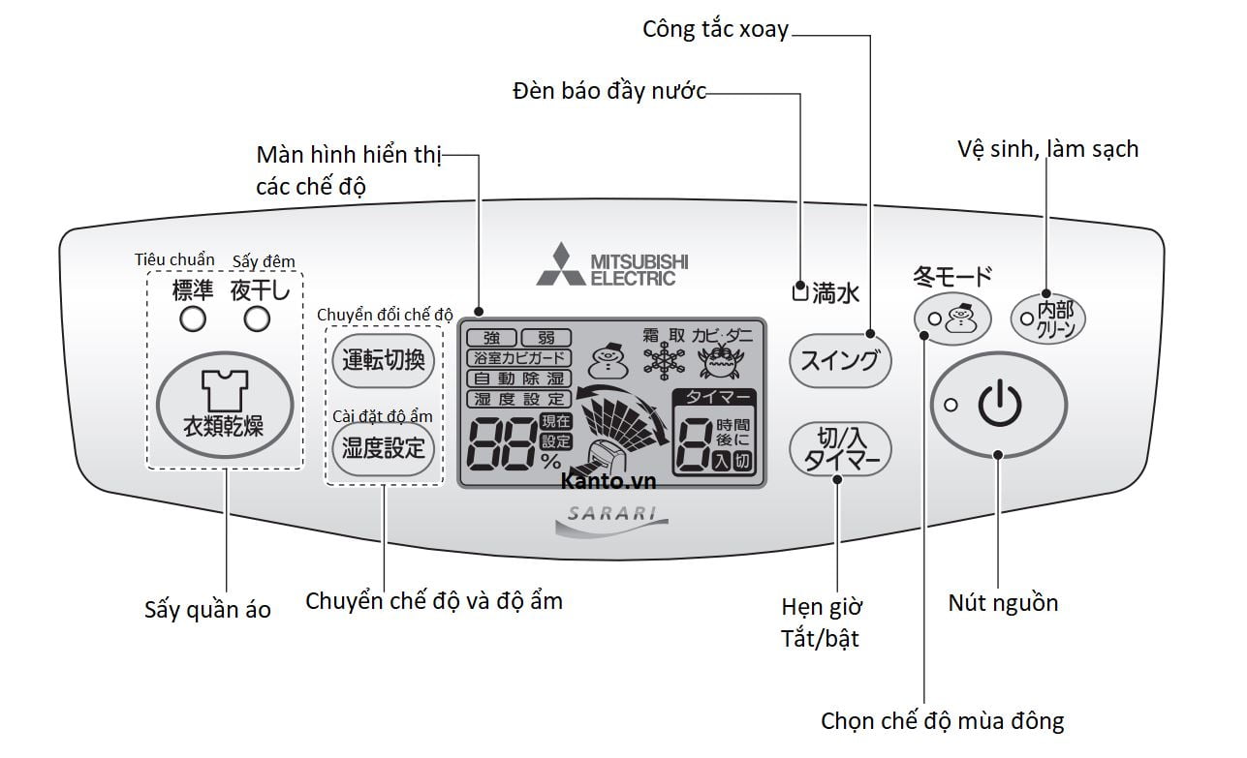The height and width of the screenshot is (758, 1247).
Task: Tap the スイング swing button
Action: pyautogui.click(x=840, y=361)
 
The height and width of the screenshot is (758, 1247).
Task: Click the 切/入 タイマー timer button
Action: pyautogui.click(x=840, y=450)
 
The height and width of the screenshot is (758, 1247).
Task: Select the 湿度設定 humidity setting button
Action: pyautogui.click(x=384, y=448)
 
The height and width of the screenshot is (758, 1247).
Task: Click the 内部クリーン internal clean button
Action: pyautogui.click(x=1048, y=318)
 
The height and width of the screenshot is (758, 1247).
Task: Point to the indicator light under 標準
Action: pyautogui.click(x=192, y=318)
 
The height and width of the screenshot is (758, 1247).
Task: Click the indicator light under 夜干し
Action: pyautogui.click(x=257, y=318)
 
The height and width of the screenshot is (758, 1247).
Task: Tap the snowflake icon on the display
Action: pyautogui.click(x=664, y=362)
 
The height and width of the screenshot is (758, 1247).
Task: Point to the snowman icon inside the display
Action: pyautogui.click(x=607, y=362)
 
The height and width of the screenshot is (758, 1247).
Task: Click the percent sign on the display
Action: pyautogui.click(x=550, y=462)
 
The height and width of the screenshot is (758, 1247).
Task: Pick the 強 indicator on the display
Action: pyautogui.click(x=491, y=338)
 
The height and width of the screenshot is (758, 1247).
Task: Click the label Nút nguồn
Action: pyautogui.click(x=1003, y=603)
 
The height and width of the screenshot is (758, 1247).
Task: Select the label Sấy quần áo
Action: pyautogui.click(x=207, y=610)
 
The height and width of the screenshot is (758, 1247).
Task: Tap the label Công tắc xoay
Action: pyautogui.click(x=715, y=29)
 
